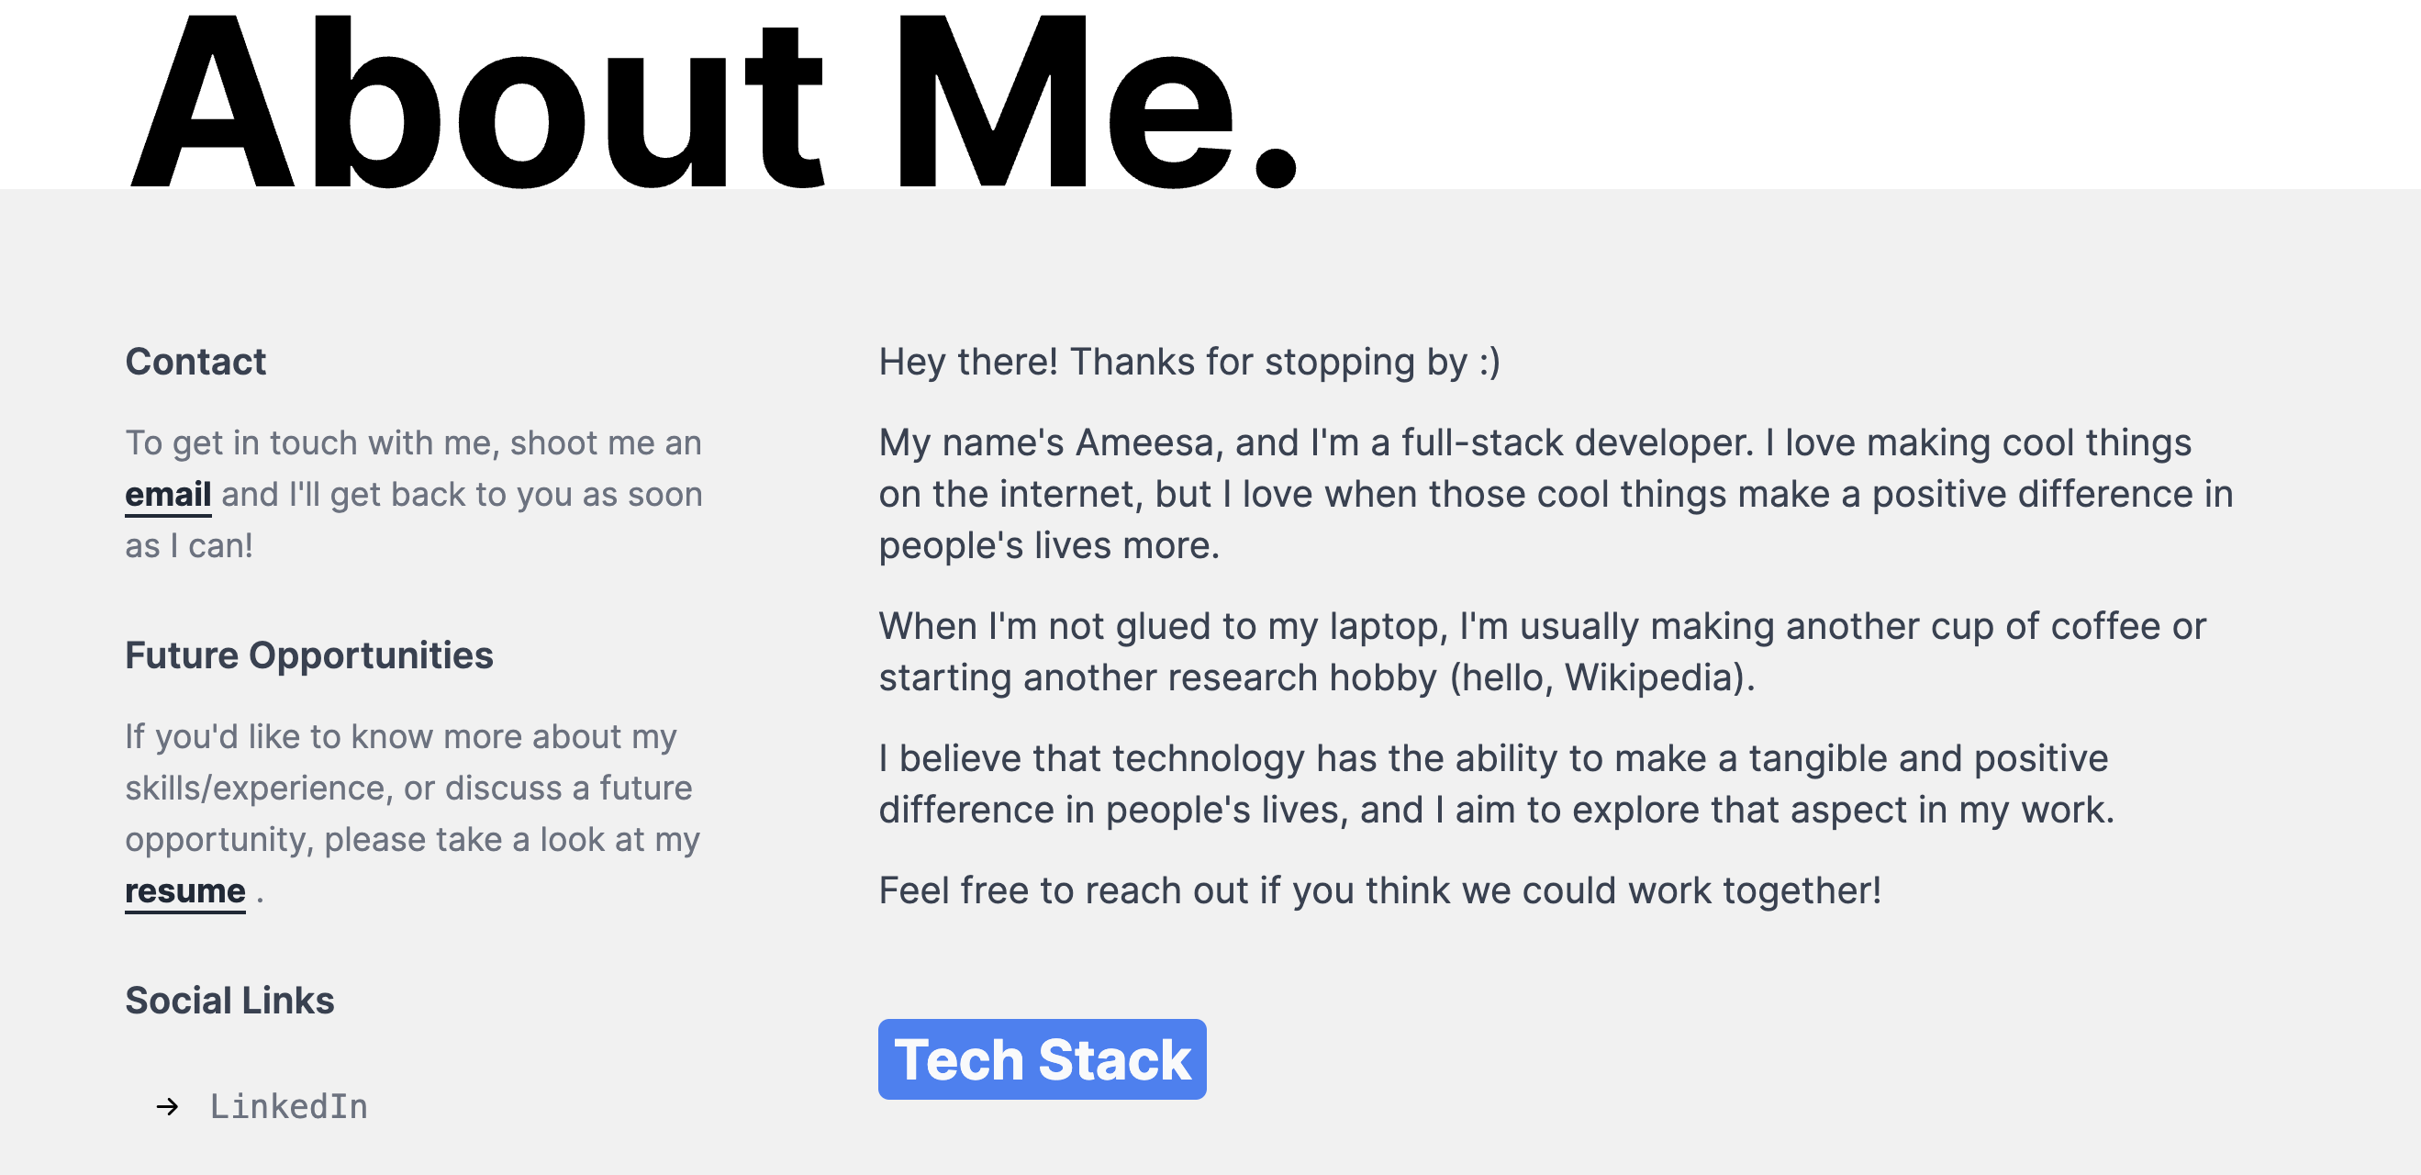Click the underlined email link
pos(168,495)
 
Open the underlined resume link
pos(185,891)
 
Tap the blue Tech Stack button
pos(1043,1059)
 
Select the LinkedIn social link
pos(288,1106)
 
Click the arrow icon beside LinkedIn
pos(167,1106)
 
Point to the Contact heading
pos(195,362)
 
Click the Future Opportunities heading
pos(309,656)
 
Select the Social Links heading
pos(230,1001)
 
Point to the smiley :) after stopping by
pos(1489,363)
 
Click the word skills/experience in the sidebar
pos(259,789)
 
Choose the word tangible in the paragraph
pos(1819,759)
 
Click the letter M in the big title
pos(992,101)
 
